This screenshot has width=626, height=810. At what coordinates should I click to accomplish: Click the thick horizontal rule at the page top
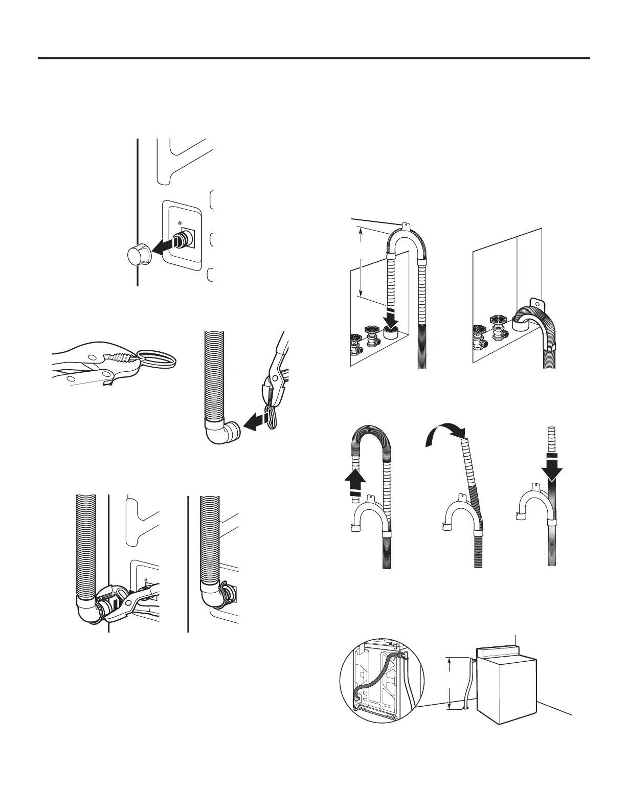[x=314, y=58]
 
